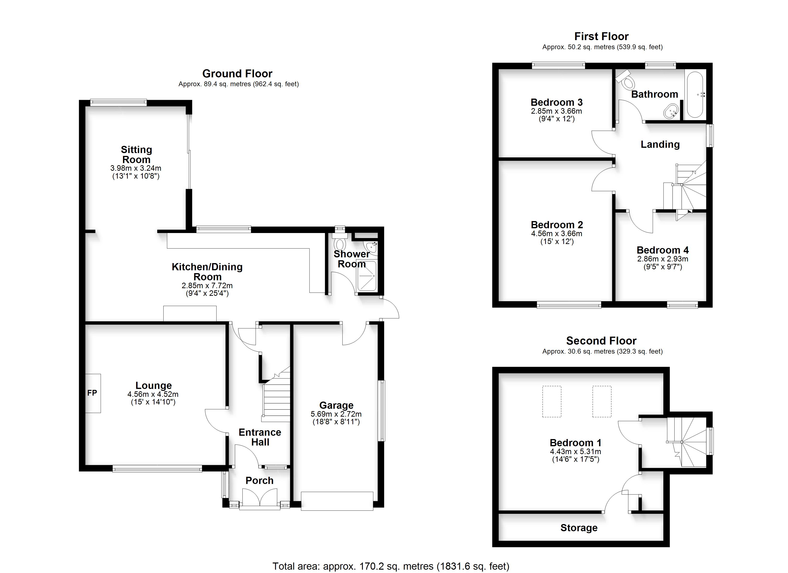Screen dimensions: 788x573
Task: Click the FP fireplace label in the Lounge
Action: [x=92, y=393]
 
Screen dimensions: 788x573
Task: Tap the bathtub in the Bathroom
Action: [x=695, y=95]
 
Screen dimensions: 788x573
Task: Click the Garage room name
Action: [x=336, y=405]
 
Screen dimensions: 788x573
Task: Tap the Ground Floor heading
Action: [x=237, y=74]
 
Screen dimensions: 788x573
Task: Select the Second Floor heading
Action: [x=602, y=340]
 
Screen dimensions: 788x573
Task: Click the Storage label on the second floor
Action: [x=579, y=528]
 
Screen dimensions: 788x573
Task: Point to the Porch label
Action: [x=260, y=481]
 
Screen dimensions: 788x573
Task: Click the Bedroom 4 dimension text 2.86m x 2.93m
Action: [x=663, y=259]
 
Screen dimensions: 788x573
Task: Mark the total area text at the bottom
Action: [x=391, y=566]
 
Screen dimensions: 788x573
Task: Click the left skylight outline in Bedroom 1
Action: [x=552, y=401]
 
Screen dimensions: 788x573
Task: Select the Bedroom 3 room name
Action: [x=557, y=102]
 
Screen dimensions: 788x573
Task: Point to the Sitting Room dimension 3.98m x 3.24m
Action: [x=136, y=168]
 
